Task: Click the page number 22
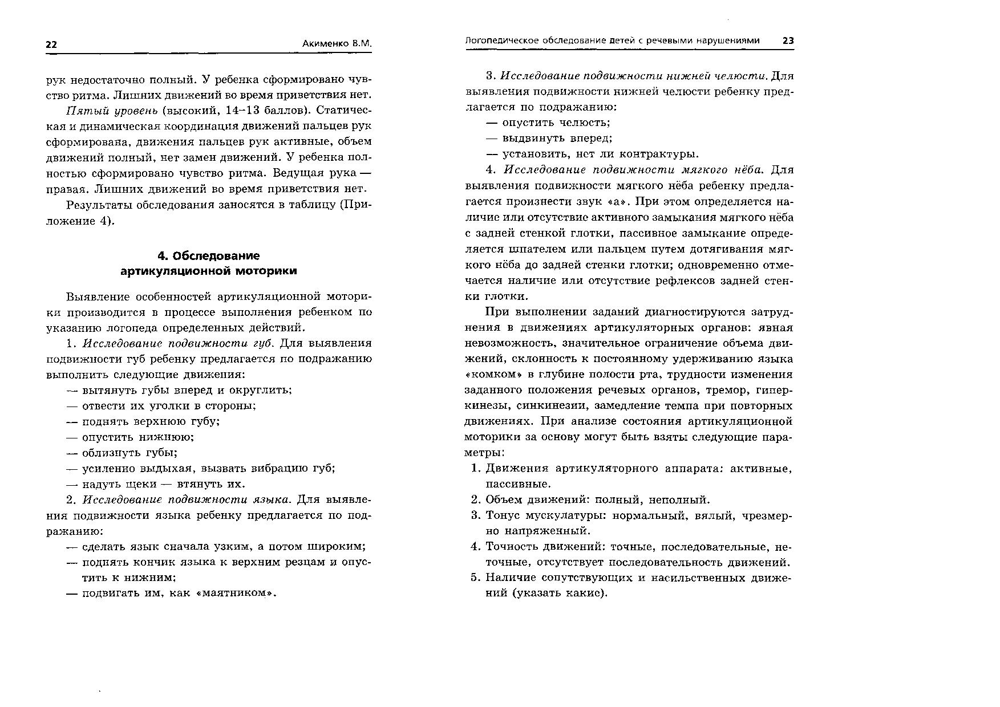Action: (51, 45)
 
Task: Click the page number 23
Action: (788, 40)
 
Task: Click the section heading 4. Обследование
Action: (208, 255)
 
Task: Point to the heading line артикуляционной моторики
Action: (208, 271)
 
